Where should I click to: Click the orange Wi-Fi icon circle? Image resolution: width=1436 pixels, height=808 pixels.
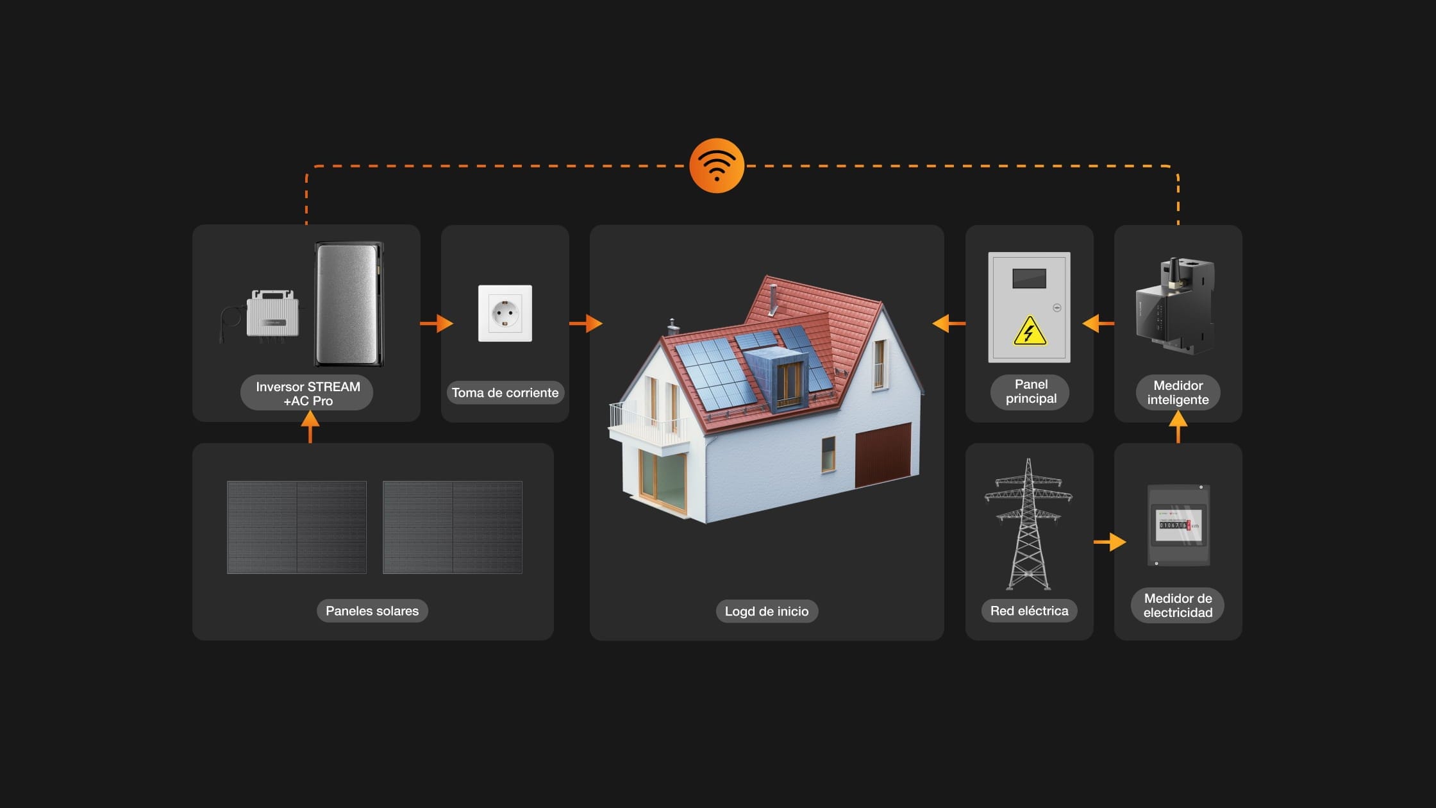(717, 165)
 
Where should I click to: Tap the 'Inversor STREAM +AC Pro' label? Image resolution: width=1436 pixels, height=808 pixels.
(307, 393)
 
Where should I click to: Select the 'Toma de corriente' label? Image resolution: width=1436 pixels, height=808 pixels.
(505, 392)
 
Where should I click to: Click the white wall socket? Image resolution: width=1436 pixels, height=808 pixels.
(505, 313)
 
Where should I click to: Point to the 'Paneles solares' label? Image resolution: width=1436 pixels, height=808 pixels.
(372, 610)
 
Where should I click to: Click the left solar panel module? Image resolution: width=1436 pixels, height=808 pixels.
(297, 527)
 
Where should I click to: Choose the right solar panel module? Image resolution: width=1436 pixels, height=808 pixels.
(453, 527)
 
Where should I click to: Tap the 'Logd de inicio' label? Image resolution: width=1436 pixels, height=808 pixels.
(767, 611)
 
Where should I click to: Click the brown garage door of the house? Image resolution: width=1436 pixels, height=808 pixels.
(883, 454)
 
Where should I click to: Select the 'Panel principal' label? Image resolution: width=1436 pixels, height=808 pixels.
(1030, 391)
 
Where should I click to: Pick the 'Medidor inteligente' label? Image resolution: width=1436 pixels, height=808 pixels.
(1178, 392)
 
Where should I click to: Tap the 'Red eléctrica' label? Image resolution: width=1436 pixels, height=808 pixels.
(1029, 610)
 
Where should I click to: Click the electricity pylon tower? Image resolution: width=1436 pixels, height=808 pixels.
(1028, 524)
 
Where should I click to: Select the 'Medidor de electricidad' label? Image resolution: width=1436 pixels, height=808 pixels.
(1178, 605)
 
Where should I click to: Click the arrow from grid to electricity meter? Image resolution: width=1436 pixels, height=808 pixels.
(1110, 542)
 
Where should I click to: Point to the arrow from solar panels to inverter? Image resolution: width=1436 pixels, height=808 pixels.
(310, 426)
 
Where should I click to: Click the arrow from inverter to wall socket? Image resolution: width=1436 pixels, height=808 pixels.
(437, 323)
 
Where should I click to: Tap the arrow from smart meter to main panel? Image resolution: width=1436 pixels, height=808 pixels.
(1098, 323)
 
